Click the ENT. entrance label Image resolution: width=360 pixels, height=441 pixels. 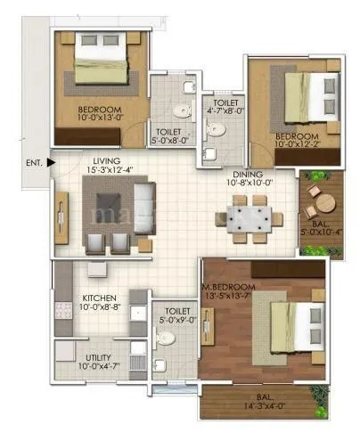[x=32, y=163]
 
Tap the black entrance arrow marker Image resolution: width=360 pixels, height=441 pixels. [x=51, y=162]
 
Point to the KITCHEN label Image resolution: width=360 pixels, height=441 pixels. [x=102, y=298]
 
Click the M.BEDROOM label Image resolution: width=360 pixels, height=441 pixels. [x=229, y=286]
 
